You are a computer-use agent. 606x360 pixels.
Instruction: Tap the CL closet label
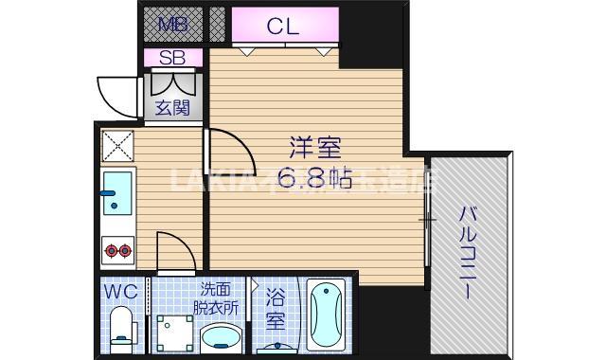click(282, 26)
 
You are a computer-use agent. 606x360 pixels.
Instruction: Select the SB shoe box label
click(172, 58)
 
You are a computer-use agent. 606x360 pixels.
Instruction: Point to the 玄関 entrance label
click(172, 107)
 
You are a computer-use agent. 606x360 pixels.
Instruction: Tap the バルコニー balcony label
click(468, 251)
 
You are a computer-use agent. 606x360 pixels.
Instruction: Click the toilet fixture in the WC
click(121, 332)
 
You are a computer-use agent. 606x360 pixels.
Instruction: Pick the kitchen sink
click(117, 193)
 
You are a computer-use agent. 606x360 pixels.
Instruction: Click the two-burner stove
click(117, 250)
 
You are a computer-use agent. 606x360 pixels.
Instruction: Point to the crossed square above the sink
click(117, 147)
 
